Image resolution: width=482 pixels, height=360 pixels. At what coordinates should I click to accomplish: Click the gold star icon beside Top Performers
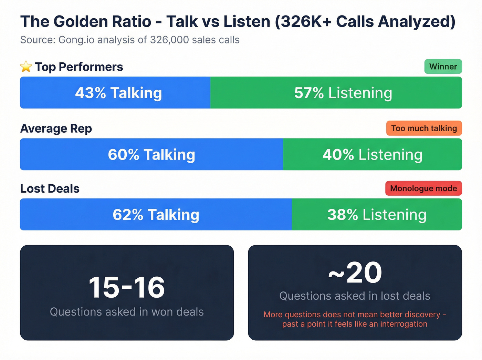click(26, 66)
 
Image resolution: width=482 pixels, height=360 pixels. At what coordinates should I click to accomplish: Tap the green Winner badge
click(443, 66)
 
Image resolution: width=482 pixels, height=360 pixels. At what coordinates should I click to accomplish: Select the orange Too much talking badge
click(424, 128)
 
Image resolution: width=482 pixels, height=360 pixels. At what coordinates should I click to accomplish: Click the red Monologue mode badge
click(423, 188)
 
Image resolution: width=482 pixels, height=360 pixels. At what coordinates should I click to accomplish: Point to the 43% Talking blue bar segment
click(115, 93)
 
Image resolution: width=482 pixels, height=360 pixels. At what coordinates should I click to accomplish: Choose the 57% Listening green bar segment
click(336, 93)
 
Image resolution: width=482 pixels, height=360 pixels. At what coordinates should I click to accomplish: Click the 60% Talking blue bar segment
click(151, 154)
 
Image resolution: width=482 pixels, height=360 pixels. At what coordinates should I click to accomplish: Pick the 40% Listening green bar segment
click(372, 154)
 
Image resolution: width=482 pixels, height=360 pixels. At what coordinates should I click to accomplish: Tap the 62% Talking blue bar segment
click(156, 214)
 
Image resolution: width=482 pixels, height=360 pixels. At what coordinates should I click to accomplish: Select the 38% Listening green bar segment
click(377, 214)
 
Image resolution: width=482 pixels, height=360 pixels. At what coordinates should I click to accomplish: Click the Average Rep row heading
click(56, 128)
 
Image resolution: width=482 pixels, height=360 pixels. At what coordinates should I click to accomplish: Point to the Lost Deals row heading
click(50, 189)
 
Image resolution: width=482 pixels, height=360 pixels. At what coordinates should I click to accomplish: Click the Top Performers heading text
click(79, 67)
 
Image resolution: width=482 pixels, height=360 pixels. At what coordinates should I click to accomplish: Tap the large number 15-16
click(127, 287)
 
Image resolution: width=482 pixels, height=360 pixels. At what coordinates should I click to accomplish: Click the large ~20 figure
click(355, 272)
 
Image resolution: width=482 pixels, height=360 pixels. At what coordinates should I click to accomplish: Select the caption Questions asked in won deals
click(127, 312)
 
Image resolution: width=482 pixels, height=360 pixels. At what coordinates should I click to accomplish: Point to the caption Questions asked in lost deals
click(355, 296)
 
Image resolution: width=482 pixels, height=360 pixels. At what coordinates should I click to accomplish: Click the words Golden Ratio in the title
click(102, 22)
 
